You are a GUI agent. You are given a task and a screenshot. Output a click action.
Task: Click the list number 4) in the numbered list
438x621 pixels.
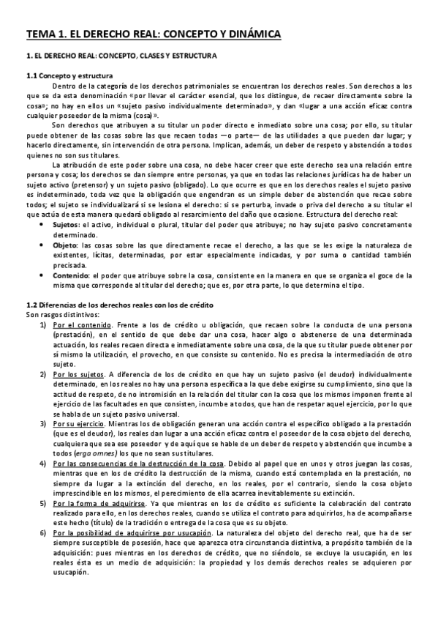pyautogui.click(x=44, y=464)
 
